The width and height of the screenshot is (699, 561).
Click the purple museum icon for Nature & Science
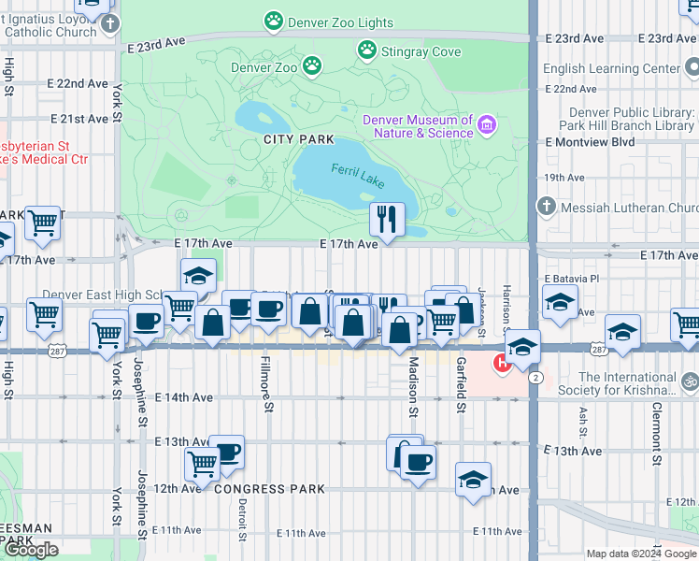[x=486, y=125]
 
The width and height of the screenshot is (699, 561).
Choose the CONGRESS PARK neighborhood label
[x=269, y=488]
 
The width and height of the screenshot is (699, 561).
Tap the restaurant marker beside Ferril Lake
[x=386, y=220]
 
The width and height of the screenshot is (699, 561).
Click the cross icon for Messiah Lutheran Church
[x=546, y=207]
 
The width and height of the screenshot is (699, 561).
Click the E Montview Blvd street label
[x=590, y=142]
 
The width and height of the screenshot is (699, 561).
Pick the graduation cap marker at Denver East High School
[x=197, y=277]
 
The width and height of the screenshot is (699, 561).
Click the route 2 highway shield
[x=534, y=376]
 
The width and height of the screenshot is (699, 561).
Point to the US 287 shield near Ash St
[x=598, y=347]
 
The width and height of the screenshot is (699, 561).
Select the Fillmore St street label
[x=266, y=383]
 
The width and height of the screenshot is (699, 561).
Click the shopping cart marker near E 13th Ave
[x=202, y=463]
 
